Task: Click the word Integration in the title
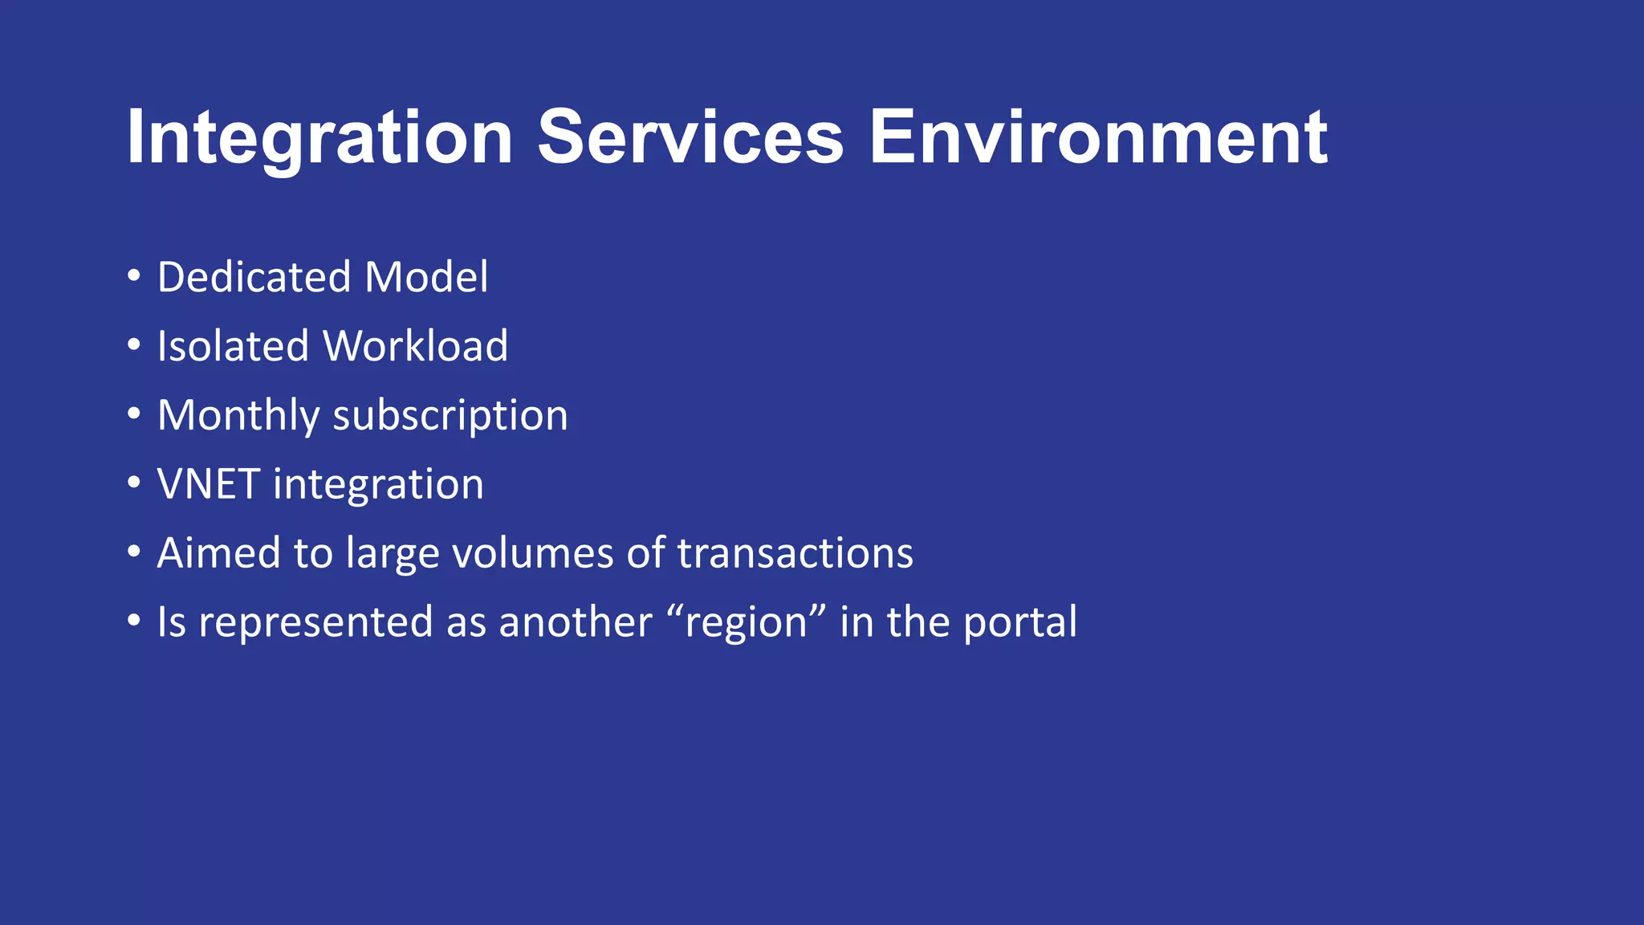[319, 138]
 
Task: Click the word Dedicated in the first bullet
[254, 277]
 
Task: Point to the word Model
[426, 277]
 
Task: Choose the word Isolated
[233, 346]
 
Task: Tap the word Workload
[415, 346]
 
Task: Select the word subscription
[450, 416]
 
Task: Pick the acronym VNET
[208, 484]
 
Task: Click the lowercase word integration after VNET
[378, 485]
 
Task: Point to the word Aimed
[218, 553]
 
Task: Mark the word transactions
[795, 553]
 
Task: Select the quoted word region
[746, 623]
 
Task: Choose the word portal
[1019, 623]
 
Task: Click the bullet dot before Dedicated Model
[134, 276]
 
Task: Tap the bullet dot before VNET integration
[134, 483]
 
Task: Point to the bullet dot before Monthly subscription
[134, 414]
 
